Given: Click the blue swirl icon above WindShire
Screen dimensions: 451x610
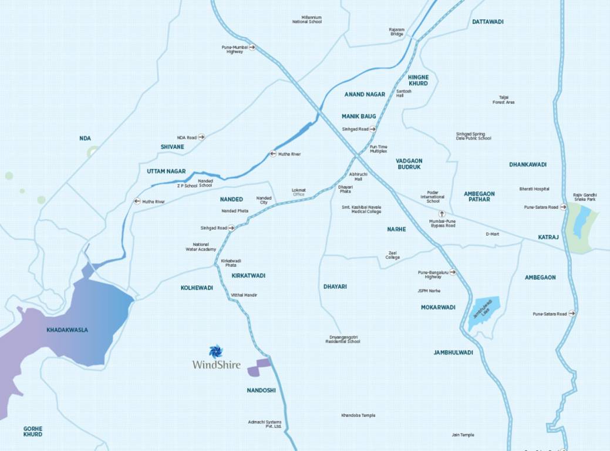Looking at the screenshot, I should pos(216,351).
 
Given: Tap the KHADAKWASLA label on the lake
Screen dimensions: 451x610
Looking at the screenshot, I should pos(68,330).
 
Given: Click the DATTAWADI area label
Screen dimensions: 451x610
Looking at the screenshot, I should pos(488,22).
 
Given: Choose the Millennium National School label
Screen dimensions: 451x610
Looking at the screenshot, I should pos(307,19).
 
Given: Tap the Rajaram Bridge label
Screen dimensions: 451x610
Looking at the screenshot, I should pos(397,31).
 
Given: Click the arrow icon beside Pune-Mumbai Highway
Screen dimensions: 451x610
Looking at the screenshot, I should pos(252,47).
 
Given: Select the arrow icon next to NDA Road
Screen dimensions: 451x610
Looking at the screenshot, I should pos(201,137).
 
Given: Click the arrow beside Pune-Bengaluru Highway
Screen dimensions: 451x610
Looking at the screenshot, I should pos(453,272).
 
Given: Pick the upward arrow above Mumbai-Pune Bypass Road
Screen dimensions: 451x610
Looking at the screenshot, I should pos(442,214).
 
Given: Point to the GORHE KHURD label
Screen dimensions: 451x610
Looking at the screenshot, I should pos(33,432).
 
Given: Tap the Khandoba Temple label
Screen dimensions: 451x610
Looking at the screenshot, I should pos(358,415).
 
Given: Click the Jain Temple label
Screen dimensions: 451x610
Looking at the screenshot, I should pos(463,435).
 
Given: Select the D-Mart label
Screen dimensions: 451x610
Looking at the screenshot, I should pos(492,234).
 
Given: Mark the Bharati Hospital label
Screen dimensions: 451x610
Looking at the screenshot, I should pos(534,189).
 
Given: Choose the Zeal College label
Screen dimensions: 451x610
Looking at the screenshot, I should pos(393,255).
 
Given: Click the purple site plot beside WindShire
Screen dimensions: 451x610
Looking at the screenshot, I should pos(259,367).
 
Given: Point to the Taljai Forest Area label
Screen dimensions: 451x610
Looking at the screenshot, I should pos(503,100).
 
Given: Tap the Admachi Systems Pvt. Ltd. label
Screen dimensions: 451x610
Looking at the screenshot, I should pos(265,424).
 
